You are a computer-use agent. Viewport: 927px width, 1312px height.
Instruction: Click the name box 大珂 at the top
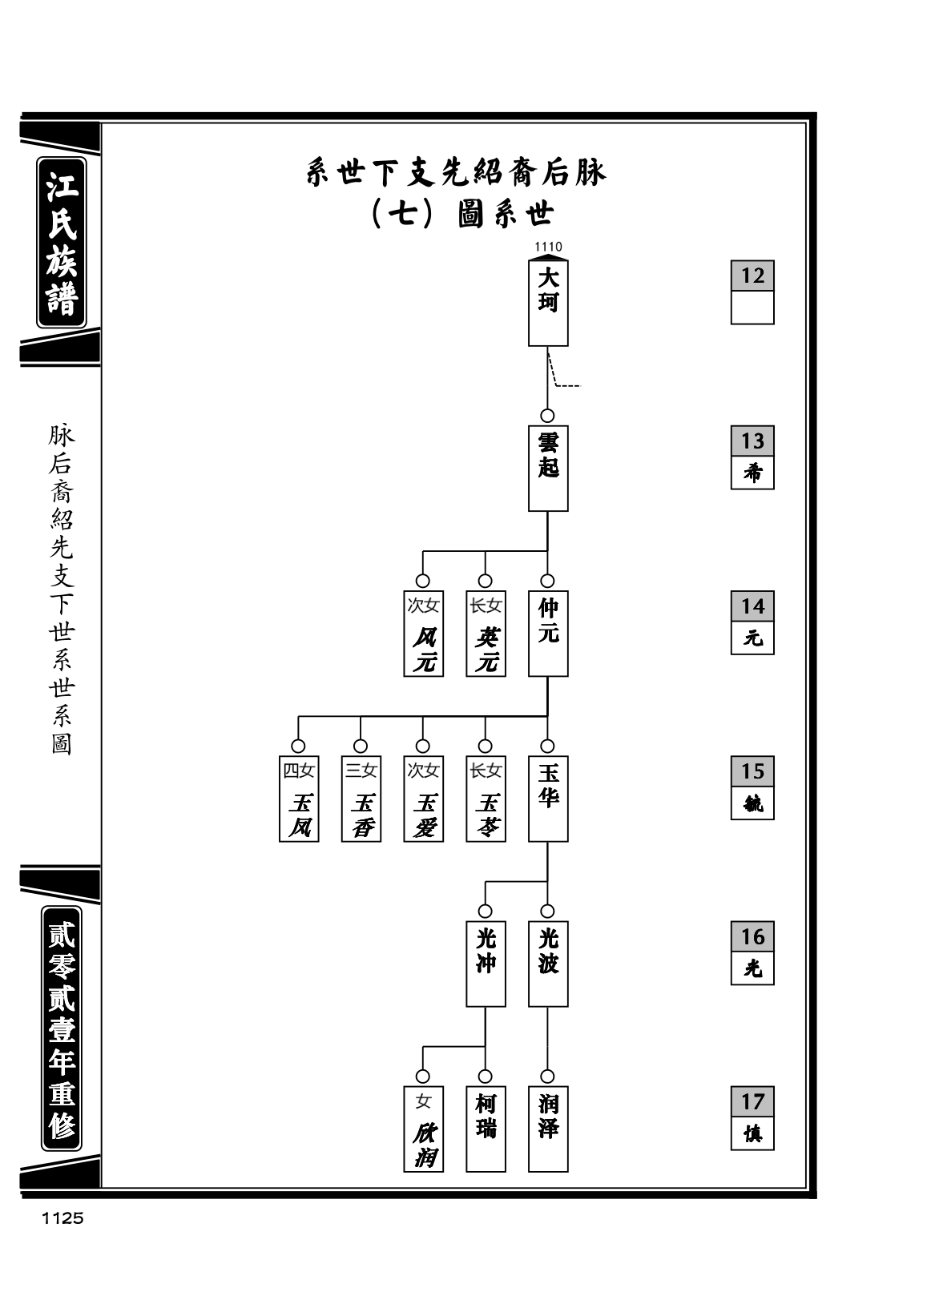click(548, 303)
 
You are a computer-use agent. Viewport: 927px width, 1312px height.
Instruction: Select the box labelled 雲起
click(548, 468)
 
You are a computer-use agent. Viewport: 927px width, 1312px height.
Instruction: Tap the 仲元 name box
click(548, 633)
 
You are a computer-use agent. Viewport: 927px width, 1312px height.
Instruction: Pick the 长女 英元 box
click(486, 633)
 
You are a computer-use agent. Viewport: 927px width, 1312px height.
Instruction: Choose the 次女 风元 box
click(424, 633)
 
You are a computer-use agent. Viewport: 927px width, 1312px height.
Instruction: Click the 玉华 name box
click(548, 799)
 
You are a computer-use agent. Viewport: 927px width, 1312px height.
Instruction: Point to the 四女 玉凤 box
click(299, 799)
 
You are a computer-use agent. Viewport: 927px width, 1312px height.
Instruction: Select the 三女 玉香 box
click(361, 799)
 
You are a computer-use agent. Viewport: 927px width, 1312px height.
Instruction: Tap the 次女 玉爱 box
click(424, 799)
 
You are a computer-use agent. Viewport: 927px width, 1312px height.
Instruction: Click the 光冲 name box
click(486, 964)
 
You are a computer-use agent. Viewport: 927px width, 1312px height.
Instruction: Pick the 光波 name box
click(548, 964)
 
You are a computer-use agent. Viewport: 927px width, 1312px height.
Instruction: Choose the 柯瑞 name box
click(486, 1129)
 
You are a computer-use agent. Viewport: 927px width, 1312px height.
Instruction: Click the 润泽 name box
click(548, 1129)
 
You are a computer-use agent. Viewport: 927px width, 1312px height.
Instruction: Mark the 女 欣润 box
click(424, 1129)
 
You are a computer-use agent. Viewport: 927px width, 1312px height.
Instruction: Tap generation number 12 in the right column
click(752, 276)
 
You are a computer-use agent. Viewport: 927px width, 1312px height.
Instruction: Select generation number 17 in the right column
click(752, 1101)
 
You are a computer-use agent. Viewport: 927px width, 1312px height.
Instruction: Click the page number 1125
click(62, 1218)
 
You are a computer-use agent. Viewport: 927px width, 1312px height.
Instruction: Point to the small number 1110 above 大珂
click(548, 247)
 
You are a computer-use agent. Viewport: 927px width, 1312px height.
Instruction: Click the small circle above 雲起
click(547, 416)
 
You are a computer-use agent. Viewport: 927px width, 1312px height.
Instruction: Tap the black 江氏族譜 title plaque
click(62, 243)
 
